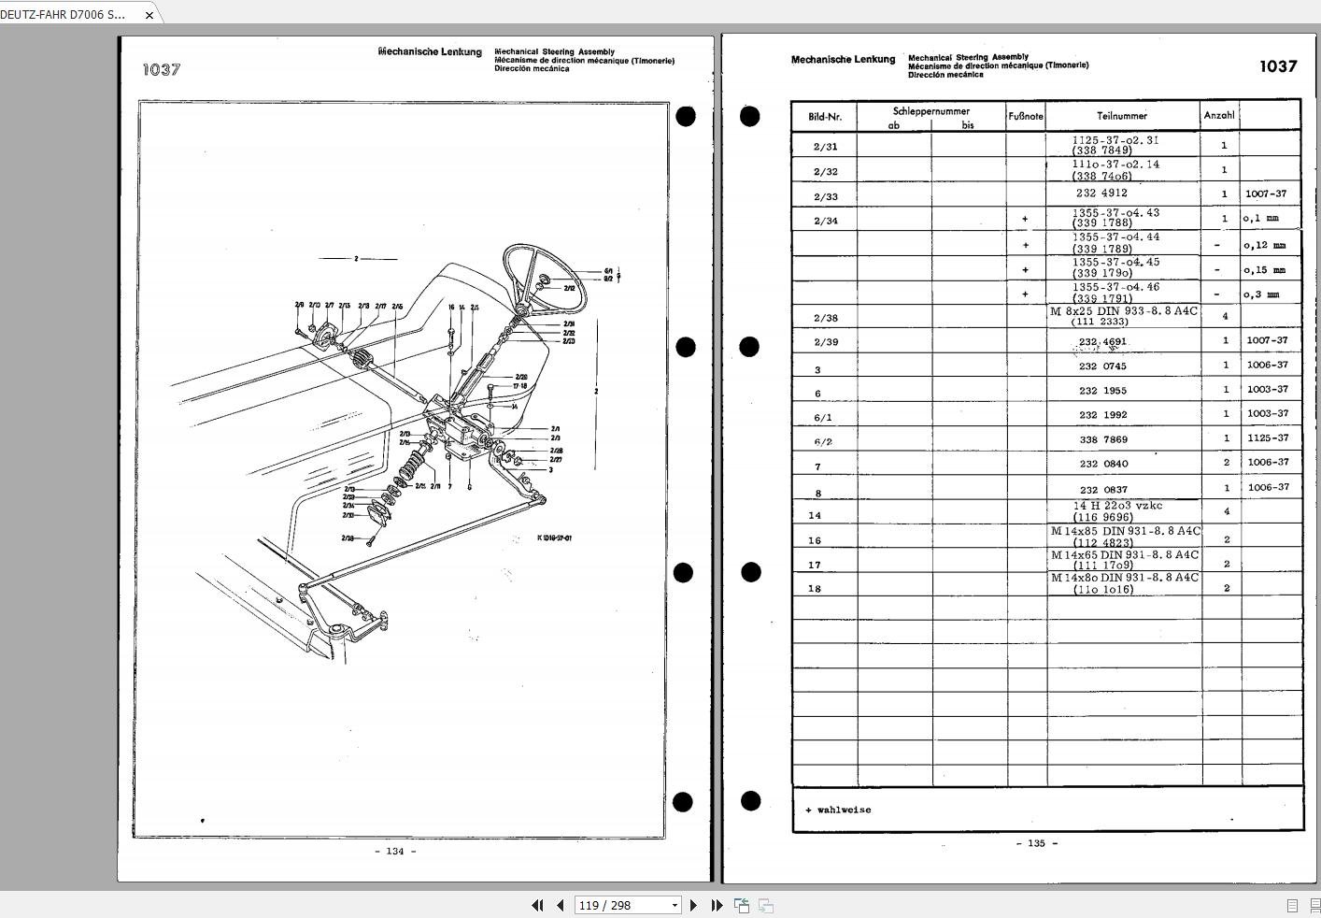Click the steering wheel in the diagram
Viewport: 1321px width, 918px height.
[x=545, y=279]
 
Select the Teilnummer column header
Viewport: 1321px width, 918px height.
[x=1121, y=116]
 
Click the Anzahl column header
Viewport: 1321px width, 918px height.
[x=1219, y=116]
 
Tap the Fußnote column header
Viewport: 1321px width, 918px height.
[x=1025, y=116]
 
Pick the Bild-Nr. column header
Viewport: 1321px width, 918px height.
[x=824, y=117]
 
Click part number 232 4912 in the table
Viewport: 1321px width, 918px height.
[x=1101, y=194]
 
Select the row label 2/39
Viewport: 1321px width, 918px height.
[x=825, y=342]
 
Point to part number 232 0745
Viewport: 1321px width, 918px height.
[x=1102, y=366]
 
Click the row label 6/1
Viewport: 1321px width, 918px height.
[x=822, y=418]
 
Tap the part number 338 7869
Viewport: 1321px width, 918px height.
[x=1102, y=439]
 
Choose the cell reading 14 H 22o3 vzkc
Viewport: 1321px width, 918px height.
[x=1117, y=506]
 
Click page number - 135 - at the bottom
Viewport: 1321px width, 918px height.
[x=1036, y=843]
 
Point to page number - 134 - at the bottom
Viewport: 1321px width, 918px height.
[x=395, y=852]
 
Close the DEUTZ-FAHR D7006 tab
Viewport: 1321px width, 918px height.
[x=149, y=15]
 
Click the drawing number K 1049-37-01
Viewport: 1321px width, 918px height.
[x=554, y=538]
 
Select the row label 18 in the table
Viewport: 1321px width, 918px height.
[x=815, y=589]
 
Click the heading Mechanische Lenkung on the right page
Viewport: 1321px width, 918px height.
[x=843, y=60]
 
